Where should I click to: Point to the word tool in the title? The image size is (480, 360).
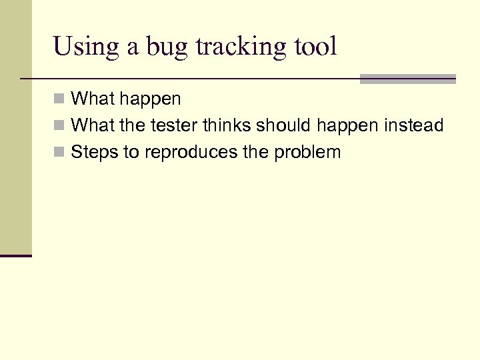[316, 47]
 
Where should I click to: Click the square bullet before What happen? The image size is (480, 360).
[59, 99]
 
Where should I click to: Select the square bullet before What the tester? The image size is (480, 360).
[59, 126]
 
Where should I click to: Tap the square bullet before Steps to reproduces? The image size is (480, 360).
[59, 153]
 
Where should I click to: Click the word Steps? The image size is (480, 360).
[92, 153]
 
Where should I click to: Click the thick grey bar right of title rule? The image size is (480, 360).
[407, 79]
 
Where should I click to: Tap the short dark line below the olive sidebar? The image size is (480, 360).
[16, 255]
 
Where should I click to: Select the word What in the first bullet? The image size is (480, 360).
[91, 99]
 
